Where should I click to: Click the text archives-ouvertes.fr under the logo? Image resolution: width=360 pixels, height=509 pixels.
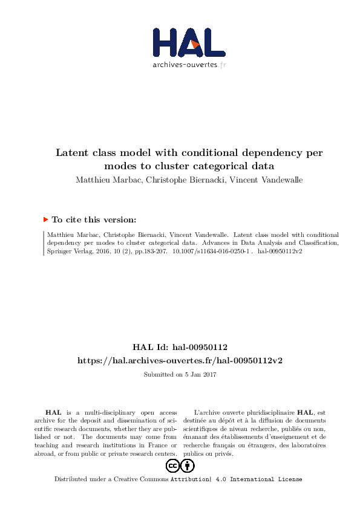click(189, 65)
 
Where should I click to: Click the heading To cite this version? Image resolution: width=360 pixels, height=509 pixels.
click(94, 220)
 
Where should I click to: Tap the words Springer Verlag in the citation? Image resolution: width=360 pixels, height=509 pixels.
click(67, 251)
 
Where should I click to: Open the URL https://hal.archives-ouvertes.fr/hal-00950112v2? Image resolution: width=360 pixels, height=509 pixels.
click(180, 360)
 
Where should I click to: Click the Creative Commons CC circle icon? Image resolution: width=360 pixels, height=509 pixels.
click(172, 465)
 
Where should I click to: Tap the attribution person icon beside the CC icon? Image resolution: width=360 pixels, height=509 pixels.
click(188, 465)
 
